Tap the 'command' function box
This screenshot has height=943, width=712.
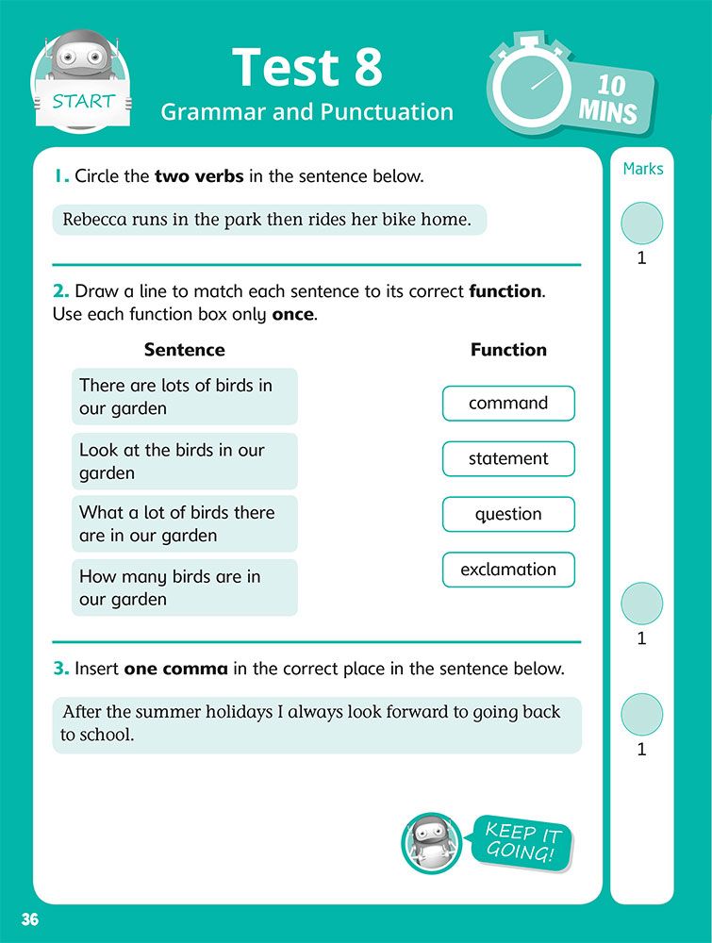pos(508,404)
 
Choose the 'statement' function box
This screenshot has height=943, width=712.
pos(508,459)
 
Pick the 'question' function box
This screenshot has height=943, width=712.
pos(508,515)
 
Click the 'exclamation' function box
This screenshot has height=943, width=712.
pos(508,570)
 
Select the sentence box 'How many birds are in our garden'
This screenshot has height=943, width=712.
pos(185,587)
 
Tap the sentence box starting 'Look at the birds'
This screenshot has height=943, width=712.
pos(185,461)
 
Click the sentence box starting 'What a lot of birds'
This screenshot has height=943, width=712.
pos(185,523)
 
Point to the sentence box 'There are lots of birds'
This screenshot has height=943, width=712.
pos(185,396)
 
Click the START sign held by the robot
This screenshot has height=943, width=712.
pos(83,101)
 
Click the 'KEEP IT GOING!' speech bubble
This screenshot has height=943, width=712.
pos(522,841)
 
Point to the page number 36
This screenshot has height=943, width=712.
pos(30,919)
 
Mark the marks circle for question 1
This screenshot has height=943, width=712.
pos(642,224)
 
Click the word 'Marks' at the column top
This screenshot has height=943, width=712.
pos(643,169)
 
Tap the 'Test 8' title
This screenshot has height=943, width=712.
pos(307,67)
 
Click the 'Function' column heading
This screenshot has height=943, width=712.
pos(508,350)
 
